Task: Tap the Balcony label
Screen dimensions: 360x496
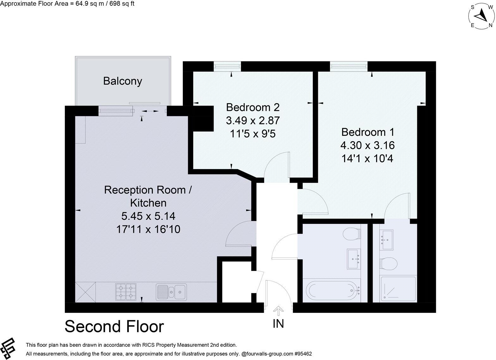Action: [122, 81]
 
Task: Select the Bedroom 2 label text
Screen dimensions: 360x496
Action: [253, 107]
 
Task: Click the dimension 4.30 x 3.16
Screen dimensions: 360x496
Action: [367, 145]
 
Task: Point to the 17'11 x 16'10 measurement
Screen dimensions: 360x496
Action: [148, 229]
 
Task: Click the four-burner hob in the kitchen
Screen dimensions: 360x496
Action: [126, 292]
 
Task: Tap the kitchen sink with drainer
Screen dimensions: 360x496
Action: [171, 292]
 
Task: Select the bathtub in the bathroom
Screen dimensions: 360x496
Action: [332, 290]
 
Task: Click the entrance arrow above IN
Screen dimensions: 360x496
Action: [278, 311]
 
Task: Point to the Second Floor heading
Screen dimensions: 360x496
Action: [114, 326]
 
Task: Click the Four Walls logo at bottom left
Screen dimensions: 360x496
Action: [9, 348]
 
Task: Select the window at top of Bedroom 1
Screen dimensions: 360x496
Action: [349, 66]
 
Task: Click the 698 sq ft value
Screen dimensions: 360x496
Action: [121, 4]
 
